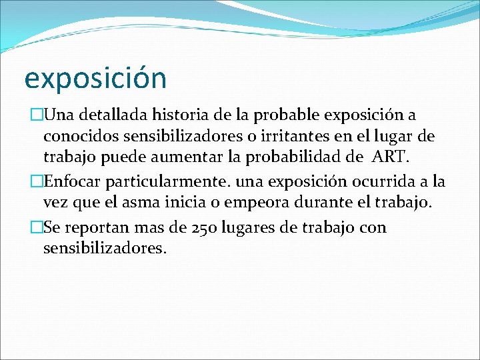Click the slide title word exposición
click(95, 79)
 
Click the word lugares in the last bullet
click(261, 227)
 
